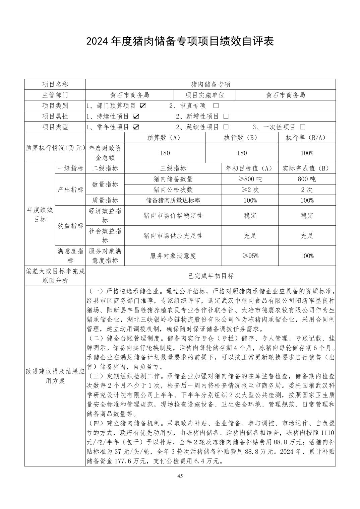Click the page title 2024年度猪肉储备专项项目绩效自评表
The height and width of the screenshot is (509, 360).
[x=180, y=41]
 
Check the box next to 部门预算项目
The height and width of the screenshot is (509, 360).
[x=143, y=106]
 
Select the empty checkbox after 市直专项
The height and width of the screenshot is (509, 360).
[x=216, y=106]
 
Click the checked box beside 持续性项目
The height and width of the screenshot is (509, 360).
[x=136, y=117]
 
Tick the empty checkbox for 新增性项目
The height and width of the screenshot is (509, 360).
[x=226, y=117]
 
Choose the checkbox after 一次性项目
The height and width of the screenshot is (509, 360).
[x=303, y=127]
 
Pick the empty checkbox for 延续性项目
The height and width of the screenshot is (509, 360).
[x=226, y=127]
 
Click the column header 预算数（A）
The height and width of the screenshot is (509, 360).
[x=165, y=138]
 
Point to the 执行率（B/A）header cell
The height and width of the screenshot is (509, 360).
[x=307, y=138]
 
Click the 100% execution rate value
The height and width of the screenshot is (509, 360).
[x=307, y=153]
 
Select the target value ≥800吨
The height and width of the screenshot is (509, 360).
[x=250, y=179]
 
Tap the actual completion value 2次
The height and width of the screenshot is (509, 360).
[x=307, y=190]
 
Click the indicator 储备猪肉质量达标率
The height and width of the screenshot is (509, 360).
[x=173, y=200]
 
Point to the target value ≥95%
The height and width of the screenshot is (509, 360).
[x=250, y=256]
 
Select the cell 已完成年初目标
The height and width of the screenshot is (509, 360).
[x=211, y=276]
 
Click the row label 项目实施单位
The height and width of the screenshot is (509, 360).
[x=205, y=95]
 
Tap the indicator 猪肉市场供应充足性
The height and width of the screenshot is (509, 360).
[x=173, y=236]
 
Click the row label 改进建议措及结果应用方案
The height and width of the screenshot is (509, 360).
[x=55, y=376]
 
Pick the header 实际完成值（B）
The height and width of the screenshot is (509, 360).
[x=307, y=168]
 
